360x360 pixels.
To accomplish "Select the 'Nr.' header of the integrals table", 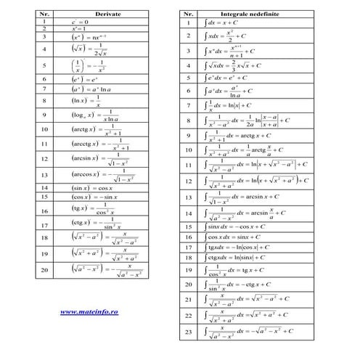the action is click(188, 14).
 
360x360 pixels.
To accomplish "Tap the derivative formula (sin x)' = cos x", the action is click(92, 187).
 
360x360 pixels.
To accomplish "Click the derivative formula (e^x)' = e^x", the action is click(84, 79).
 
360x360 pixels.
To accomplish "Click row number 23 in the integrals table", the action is click(188, 331).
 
